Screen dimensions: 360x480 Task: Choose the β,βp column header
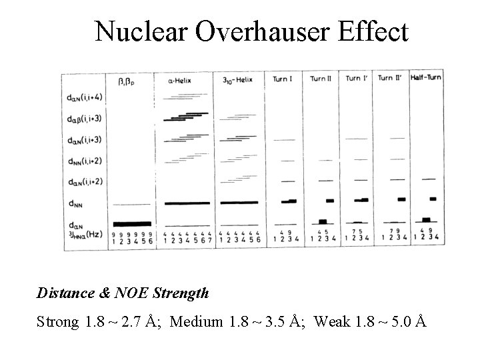click(127, 80)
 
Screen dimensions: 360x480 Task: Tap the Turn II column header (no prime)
click(319, 79)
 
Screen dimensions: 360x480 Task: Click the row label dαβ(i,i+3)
click(87, 119)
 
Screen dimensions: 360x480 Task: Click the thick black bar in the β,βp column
click(131, 223)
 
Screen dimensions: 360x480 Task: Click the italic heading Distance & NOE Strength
click(123, 293)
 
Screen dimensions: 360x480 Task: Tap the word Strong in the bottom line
click(59, 322)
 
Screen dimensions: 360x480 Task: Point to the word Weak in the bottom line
click(329, 322)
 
